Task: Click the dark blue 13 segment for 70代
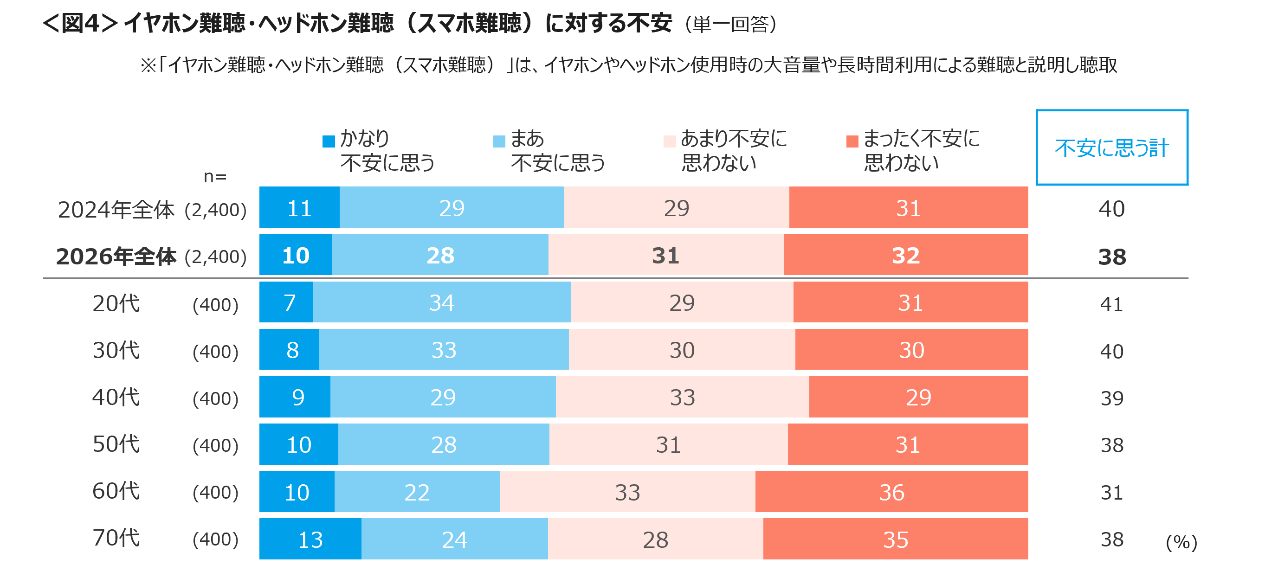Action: (x=310, y=539)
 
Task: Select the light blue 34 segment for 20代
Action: (x=441, y=302)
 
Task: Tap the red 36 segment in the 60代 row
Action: (x=891, y=492)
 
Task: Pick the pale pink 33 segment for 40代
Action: (x=682, y=397)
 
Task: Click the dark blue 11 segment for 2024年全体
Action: (x=299, y=208)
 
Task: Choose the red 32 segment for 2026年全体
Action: (x=905, y=255)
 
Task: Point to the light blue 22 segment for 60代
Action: (x=417, y=492)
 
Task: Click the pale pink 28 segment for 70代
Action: (x=655, y=539)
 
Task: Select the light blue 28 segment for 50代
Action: (x=444, y=445)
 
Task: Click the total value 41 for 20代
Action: (x=1112, y=304)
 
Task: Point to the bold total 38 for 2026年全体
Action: (x=1112, y=257)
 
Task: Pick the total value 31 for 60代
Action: (x=1112, y=492)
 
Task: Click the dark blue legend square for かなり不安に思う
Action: (x=329, y=141)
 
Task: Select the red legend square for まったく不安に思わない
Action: (x=852, y=141)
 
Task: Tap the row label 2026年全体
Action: (x=116, y=256)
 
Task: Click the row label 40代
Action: (x=116, y=397)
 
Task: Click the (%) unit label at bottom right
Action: (x=1181, y=542)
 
